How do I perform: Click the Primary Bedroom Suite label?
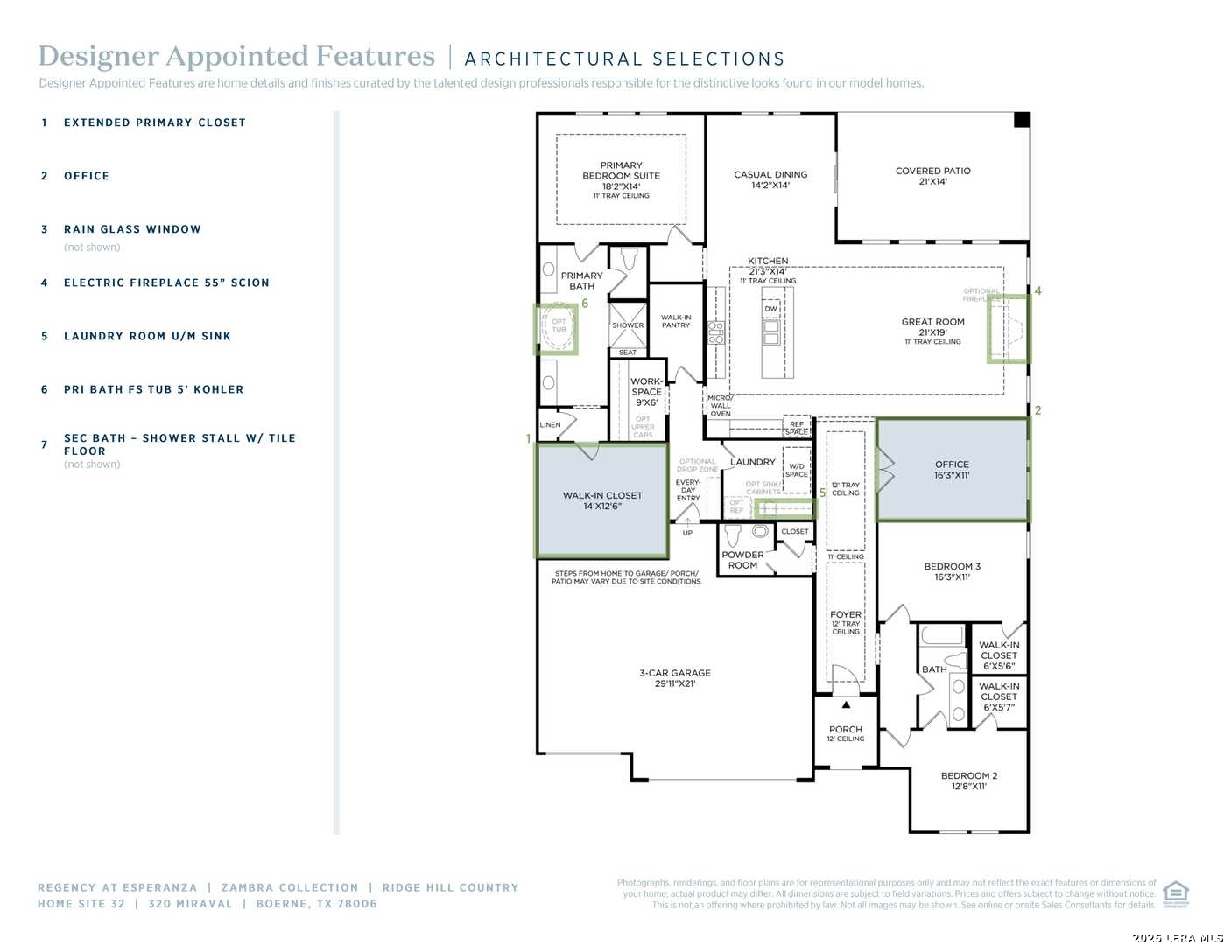(x=621, y=176)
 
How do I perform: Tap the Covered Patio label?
(x=932, y=176)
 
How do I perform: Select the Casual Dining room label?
(x=770, y=179)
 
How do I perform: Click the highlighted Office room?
(x=952, y=470)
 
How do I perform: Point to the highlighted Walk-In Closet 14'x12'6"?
(x=602, y=500)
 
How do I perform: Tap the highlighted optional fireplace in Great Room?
(x=1009, y=329)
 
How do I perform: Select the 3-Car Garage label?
(x=674, y=678)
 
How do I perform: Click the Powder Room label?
(x=742, y=560)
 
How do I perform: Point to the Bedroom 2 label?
(x=968, y=780)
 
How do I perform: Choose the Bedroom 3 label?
(x=952, y=571)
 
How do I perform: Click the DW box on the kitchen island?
(x=770, y=309)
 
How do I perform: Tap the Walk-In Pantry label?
(x=675, y=321)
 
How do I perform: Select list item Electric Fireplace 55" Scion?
(x=166, y=283)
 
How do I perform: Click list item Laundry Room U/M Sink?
(x=147, y=336)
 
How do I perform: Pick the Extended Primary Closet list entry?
(x=154, y=122)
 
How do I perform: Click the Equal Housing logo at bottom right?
(x=1175, y=893)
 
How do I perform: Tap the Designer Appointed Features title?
(x=236, y=57)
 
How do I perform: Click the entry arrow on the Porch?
(x=846, y=704)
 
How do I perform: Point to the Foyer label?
(x=846, y=615)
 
